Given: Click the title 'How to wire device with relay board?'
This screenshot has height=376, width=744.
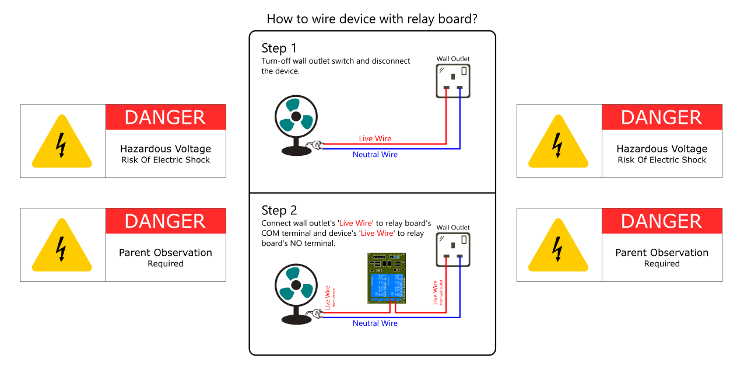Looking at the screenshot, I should coord(372,19).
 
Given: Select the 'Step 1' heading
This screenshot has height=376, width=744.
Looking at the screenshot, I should coord(279,48).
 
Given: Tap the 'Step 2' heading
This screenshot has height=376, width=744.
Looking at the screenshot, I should coord(279,210).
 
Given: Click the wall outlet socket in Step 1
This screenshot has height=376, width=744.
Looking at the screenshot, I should coord(453,81).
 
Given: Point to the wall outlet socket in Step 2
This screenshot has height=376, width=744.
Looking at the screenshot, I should coord(453,249).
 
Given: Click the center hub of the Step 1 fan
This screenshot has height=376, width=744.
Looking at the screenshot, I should coord(296,118).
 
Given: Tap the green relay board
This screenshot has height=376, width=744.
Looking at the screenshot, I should coord(386,278).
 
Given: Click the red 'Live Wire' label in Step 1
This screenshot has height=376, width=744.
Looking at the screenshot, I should coord(375,138).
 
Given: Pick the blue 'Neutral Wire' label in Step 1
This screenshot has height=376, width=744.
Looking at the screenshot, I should coord(375,155).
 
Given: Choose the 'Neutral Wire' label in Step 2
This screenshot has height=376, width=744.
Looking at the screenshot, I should coord(375,323).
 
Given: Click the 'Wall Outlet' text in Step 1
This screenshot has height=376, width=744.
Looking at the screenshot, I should coord(453,59).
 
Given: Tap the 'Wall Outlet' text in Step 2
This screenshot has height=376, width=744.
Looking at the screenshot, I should coord(453,228).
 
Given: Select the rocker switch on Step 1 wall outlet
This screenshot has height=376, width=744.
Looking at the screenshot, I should coord(464,71).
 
